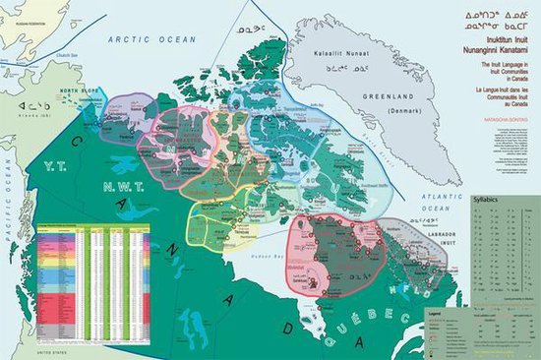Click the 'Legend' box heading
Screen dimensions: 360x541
coord(434,311)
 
